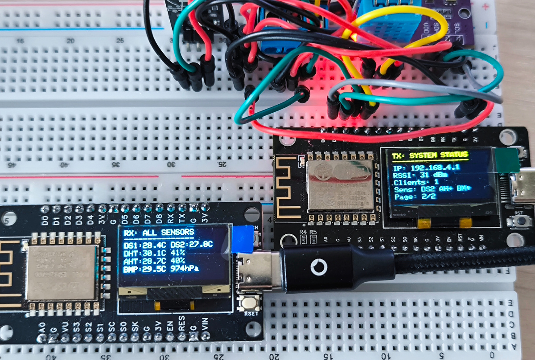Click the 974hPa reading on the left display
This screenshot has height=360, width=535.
coord(185,269)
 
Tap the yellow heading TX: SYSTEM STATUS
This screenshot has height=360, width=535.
coord(430,155)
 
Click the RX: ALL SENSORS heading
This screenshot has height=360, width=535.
coord(159,232)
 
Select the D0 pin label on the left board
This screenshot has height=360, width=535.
coord(44,220)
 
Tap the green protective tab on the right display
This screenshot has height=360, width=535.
coord(508,160)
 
